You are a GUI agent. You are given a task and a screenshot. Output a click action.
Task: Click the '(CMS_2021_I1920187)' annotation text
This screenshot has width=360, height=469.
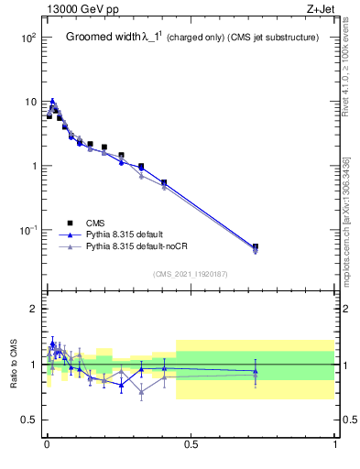[191, 274]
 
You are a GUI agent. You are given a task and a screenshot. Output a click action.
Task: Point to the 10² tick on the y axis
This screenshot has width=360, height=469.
[28, 38]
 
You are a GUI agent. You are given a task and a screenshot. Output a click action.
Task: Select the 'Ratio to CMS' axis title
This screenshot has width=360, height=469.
[14, 365]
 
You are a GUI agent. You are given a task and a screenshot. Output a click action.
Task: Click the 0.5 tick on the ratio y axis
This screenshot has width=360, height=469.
[27, 420]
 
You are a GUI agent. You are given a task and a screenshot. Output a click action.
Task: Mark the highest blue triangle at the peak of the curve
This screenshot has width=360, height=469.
[52, 101]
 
